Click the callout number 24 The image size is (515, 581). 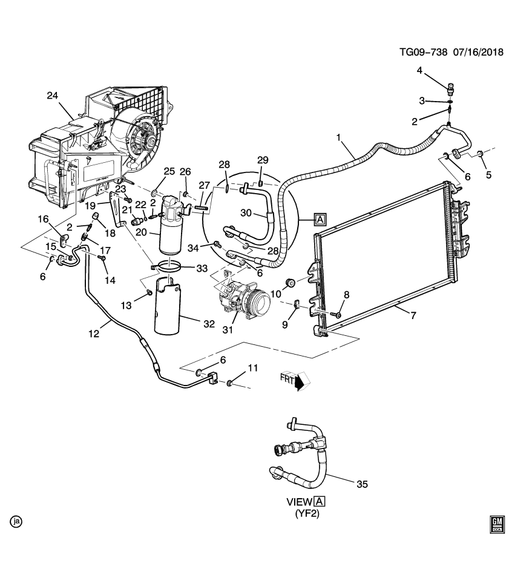coord(53,95)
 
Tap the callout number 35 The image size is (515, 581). coord(362,484)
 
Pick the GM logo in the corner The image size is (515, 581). coord(497,525)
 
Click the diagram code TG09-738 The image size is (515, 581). coord(423,52)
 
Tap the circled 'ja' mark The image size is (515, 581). coord(16,520)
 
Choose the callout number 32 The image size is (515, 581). coord(209,324)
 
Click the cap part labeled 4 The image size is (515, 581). coord(451,91)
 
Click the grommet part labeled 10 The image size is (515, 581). coord(290,282)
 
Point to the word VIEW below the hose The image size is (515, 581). coord(299,502)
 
